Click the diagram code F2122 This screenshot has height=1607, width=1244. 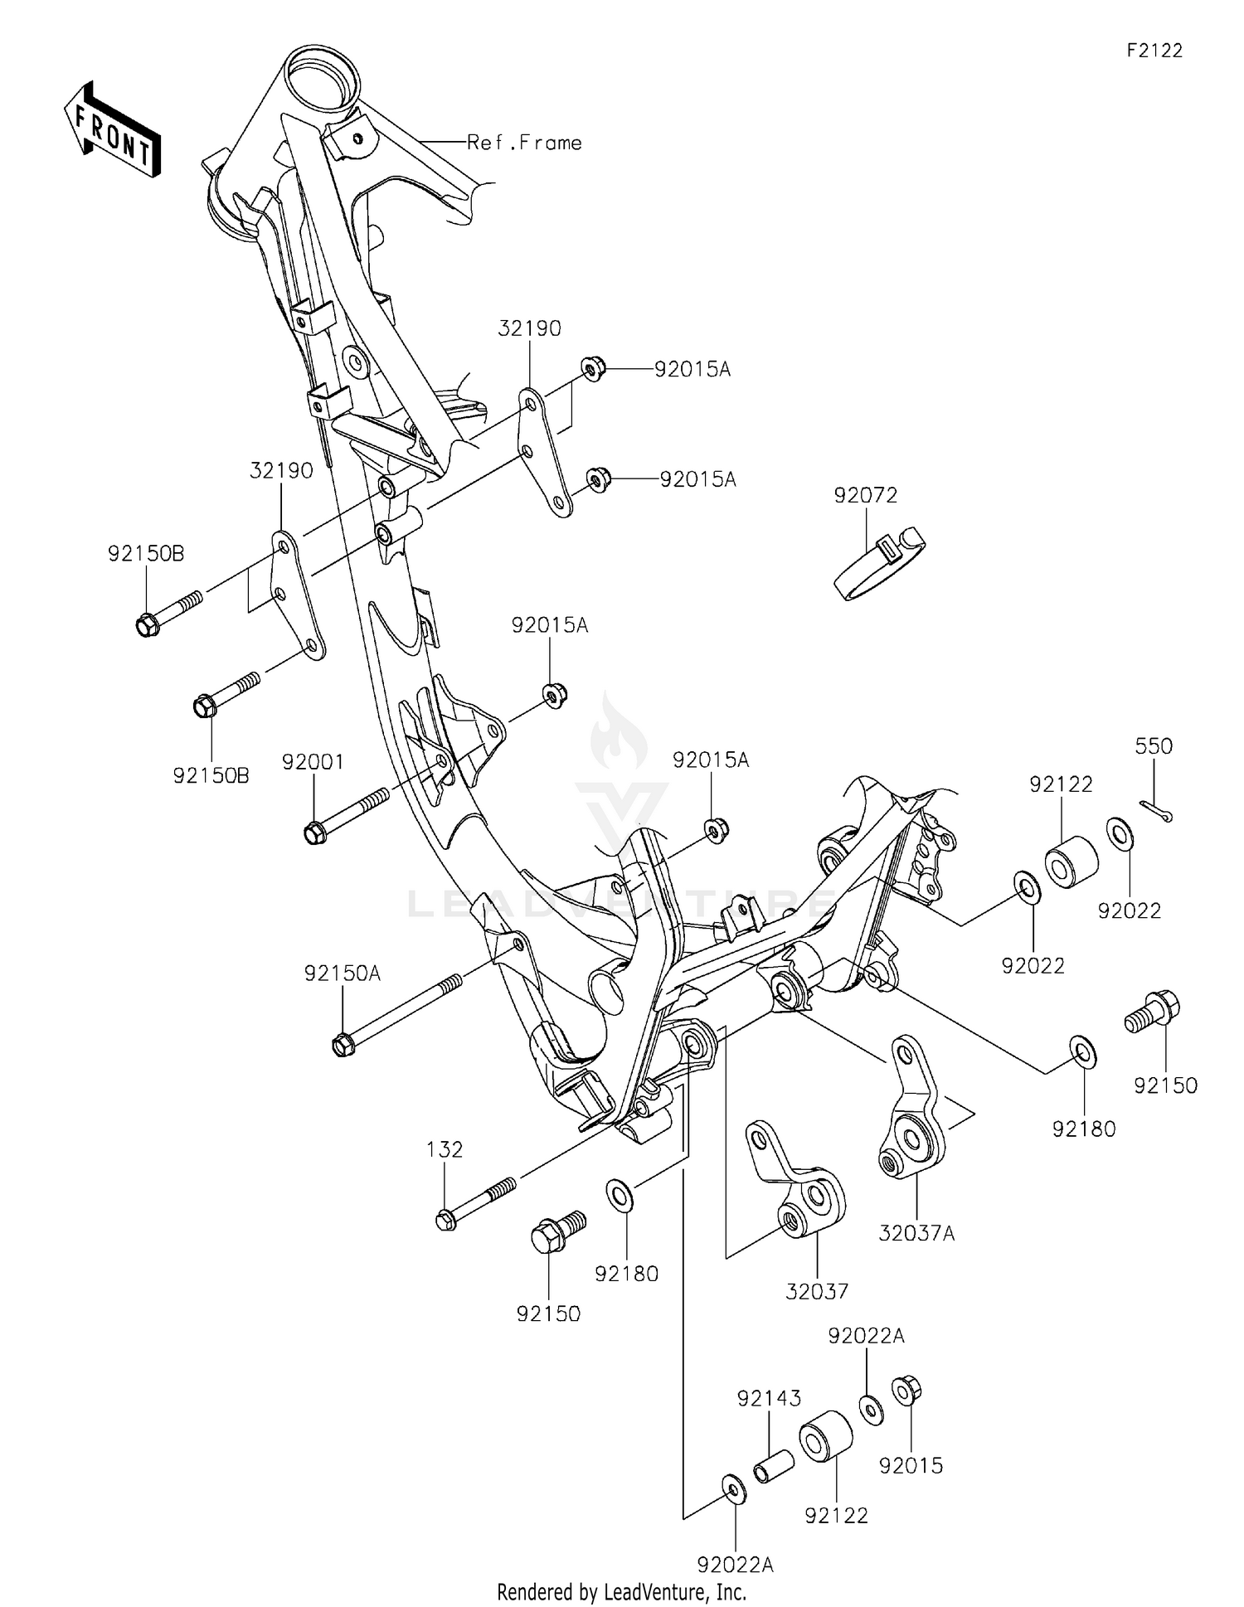click(1154, 51)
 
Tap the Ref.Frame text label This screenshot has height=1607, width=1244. click(524, 143)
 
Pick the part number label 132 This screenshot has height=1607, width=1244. click(445, 1149)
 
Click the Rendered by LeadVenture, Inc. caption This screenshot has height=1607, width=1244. click(621, 1592)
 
